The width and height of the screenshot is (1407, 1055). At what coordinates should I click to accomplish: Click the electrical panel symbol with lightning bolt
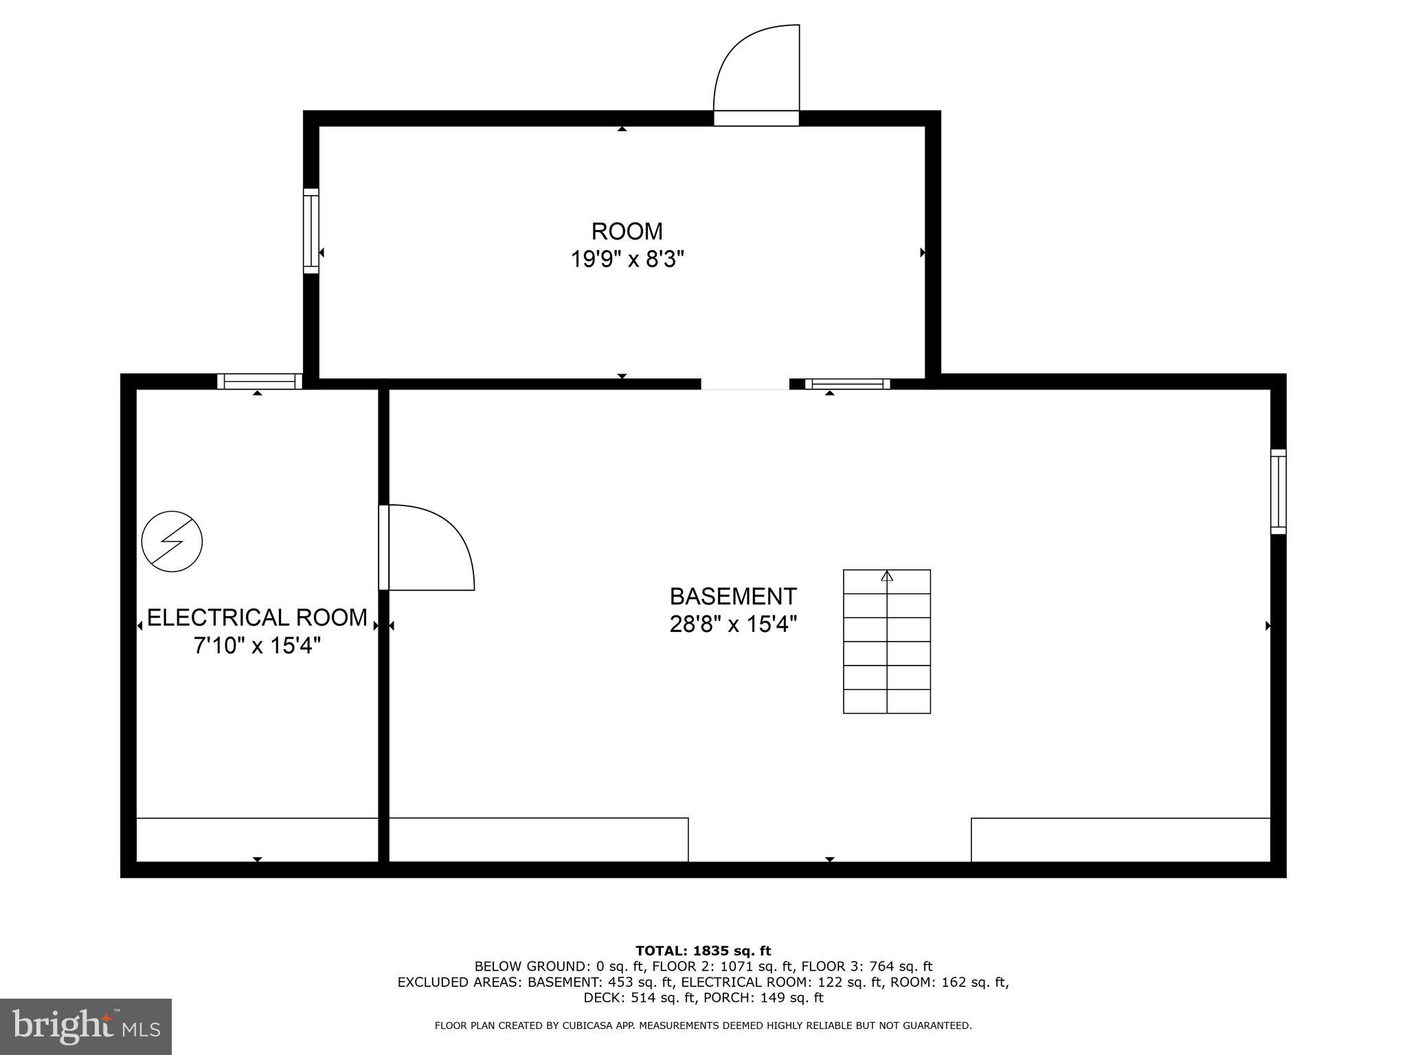pyautogui.click(x=172, y=541)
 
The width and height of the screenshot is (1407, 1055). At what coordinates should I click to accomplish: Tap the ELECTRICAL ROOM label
pyautogui.click(x=257, y=617)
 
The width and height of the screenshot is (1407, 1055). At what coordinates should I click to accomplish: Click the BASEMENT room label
pyautogui.click(x=733, y=595)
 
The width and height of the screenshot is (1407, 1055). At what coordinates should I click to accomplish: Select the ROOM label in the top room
pyautogui.click(x=627, y=231)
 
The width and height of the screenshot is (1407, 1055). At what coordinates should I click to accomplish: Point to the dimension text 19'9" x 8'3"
pyautogui.click(x=627, y=260)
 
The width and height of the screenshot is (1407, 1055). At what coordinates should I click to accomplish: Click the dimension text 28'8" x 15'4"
pyautogui.click(x=733, y=624)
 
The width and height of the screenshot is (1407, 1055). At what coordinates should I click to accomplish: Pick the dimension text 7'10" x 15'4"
pyautogui.click(x=257, y=646)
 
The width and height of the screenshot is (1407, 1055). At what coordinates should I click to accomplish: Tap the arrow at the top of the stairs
pyautogui.click(x=887, y=576)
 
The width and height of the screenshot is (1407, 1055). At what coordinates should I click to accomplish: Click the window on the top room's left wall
pyautogui.click(x=311, y=231)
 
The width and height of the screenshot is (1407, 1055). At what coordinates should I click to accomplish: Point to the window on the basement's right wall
pyautogui.click(x=1278, y=491)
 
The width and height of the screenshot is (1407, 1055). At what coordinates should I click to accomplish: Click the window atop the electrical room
pyautogui.click(x=260, y=381)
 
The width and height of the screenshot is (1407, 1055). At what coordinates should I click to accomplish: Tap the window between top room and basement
pyautogui.click(x=847, y=384)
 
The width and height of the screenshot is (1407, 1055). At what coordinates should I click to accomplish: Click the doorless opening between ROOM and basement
pyautogui.click(x=745, y=384)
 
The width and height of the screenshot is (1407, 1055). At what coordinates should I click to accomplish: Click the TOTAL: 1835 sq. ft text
pyautogui.click(x=703, y=951)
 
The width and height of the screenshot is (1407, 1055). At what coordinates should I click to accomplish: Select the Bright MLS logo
pyautogui.click(x=86, y=1026)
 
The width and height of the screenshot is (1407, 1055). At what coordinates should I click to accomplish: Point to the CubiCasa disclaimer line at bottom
pyautogui.click(x=703, y=1025)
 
